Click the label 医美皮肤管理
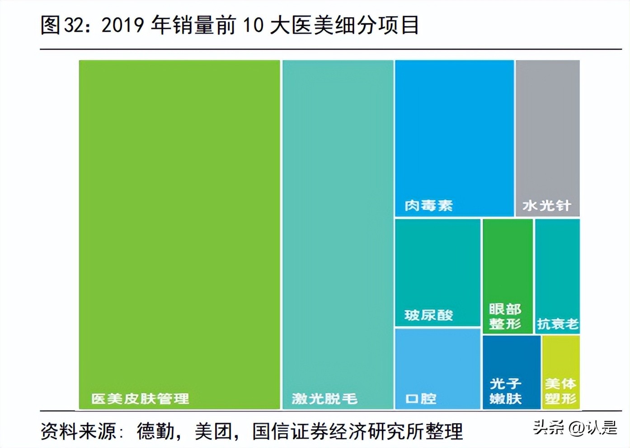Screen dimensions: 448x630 point(140,398)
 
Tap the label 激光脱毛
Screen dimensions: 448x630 point(324,398)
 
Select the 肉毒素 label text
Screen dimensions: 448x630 point(428,206)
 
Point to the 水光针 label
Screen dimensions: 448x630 point(547,206)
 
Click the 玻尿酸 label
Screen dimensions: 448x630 point(428,315)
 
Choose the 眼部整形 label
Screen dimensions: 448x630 point(505,317)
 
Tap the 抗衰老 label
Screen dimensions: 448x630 point(558,324)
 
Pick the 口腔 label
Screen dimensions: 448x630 point(421,398)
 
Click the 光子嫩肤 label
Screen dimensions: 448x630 point(506,391)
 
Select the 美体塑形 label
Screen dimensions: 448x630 point(560,391)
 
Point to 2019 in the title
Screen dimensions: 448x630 point(123,25)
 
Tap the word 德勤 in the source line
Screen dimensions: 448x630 point(156,431)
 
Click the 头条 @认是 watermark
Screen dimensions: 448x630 point(575,427)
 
